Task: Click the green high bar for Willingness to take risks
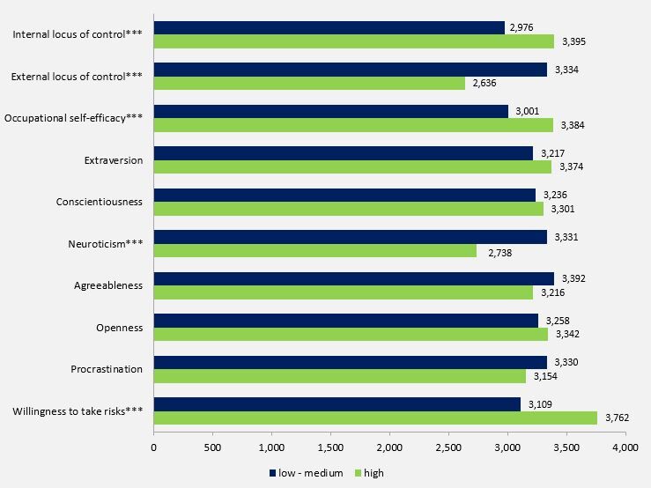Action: coord(375,418)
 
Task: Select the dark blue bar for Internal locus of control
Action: coord(329,28)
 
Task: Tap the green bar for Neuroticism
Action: coord(314,251)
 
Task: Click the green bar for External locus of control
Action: coord(309,84)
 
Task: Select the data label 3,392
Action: coord(572,278)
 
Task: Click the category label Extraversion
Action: coord(114,160)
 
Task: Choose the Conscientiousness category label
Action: coord(100,202)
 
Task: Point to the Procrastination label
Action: coord(107,369)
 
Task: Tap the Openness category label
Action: coord(120,328)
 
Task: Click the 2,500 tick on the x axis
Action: coord(448,447)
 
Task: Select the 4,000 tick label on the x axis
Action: coord(625,447)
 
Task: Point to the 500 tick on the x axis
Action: coord(212,447)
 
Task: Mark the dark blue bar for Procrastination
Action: coord(350,362)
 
